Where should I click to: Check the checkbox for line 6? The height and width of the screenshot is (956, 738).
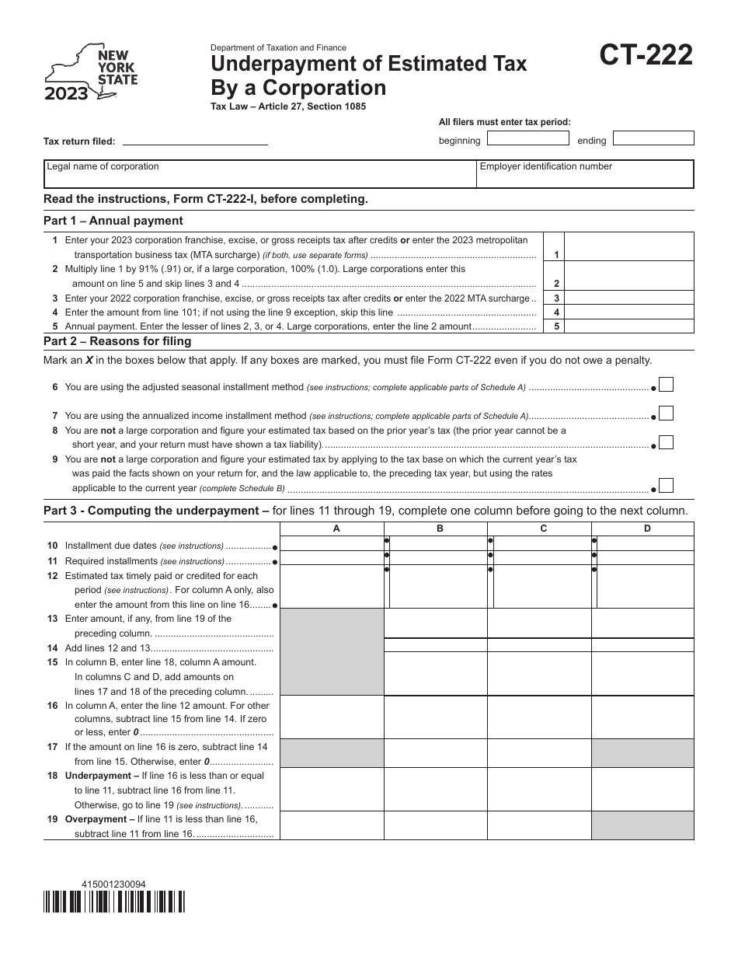pos(666,385)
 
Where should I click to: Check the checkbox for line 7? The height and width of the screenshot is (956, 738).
pos(666,414)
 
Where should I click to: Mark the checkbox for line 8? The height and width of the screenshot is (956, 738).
pos(666,443)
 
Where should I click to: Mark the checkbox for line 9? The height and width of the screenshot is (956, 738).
pos(666,487)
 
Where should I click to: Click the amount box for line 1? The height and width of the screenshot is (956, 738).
pos(628,246)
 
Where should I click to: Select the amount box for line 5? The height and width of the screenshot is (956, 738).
pos(628,326)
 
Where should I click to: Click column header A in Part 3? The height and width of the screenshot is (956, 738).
pos(336,529)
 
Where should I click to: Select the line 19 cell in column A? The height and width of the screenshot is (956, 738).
pos(332,825)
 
